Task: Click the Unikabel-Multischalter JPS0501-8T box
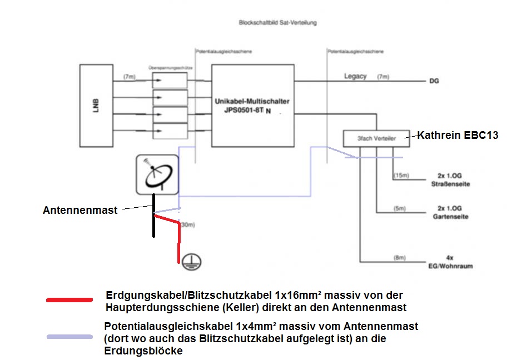(x=252, y=105)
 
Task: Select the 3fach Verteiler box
(x=376, y=138)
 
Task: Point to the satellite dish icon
(x=157, y=174)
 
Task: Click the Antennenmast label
(x=80, y=211)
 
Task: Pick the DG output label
(x=434, y=81)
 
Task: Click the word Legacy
(x=355, y=76)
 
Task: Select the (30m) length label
(x=187, y=225)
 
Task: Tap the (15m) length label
(x=401, y=176)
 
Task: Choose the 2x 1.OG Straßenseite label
(x=450, y=180)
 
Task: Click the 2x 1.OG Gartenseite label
(x=450, y=212)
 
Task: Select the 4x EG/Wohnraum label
(x=450, y=262)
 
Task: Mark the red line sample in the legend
(x=69, y=300)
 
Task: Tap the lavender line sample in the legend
(x=69, y=337)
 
